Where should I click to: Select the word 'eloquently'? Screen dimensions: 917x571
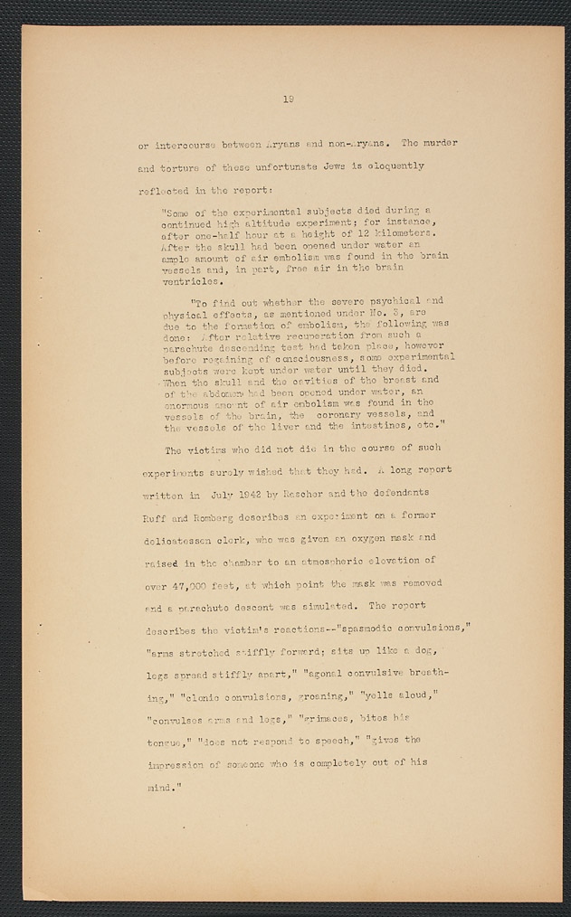(x=392, y=167)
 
